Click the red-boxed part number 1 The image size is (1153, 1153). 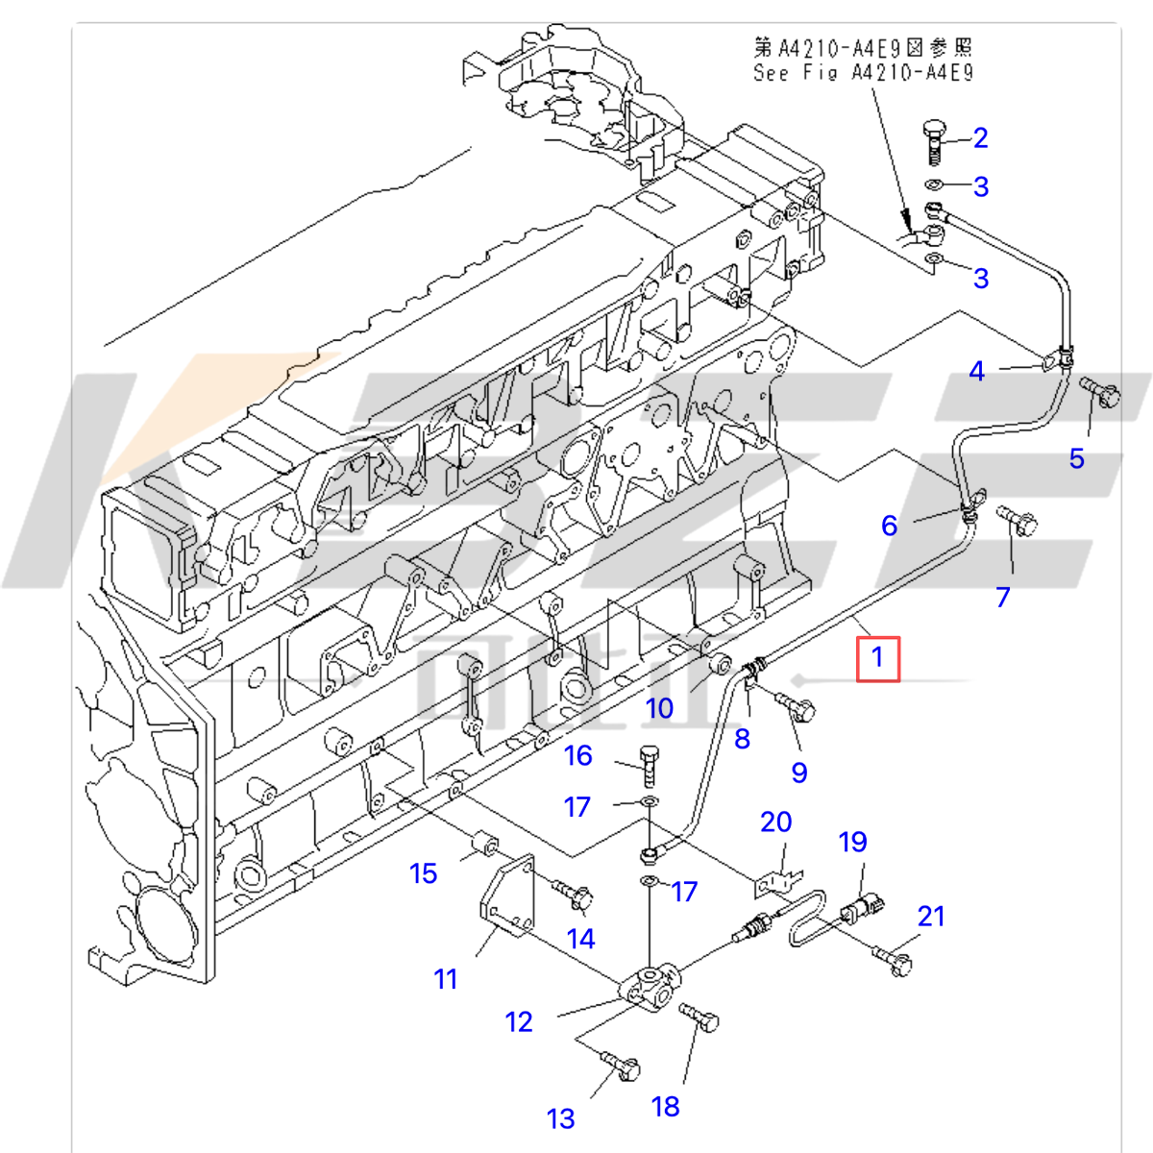coord(877,658)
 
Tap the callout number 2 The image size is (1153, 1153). coord(980,138)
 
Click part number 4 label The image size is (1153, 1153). coord(977,371)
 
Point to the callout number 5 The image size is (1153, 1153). coord(1077,458)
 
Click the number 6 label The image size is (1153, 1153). coord(890,526)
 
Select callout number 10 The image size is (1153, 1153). coord(659,708)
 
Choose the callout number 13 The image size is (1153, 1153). coord(561,1118)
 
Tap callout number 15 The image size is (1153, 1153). coord(423,873)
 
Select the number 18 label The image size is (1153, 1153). coord(665,1107)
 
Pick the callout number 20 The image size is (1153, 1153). coord(775,822)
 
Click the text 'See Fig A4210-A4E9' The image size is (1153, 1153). coord(863,73)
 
